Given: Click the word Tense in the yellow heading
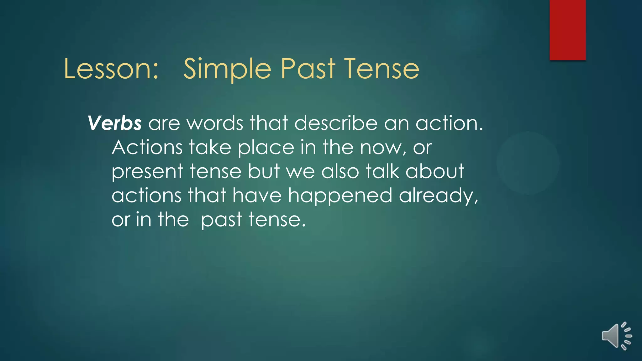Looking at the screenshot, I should pos(382,69).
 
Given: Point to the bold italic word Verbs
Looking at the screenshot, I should pos(114,123).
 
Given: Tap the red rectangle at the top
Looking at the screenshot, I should pos(567,30).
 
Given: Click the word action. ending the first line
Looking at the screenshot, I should pos(450,123).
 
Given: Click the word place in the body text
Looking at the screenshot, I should pos(266,148).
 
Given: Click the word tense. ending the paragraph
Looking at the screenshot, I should pos(277,220).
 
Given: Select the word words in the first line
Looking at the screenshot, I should pos(215,123).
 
